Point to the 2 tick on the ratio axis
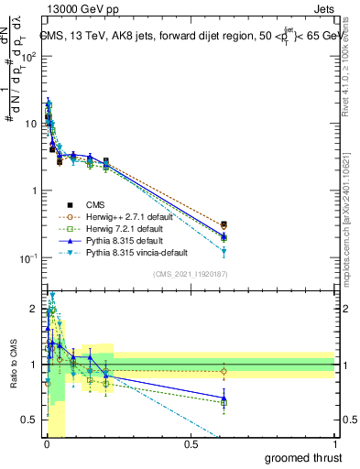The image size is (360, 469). coord(32,309)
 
